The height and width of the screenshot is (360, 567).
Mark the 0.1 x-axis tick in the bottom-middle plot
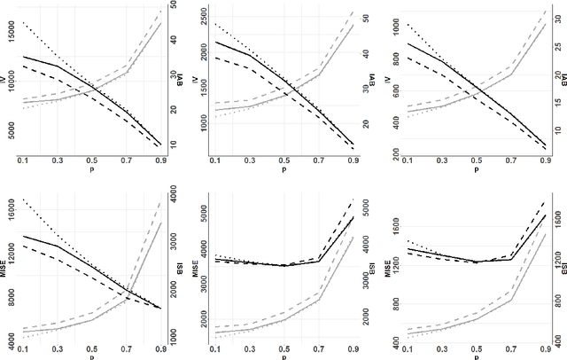215,348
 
